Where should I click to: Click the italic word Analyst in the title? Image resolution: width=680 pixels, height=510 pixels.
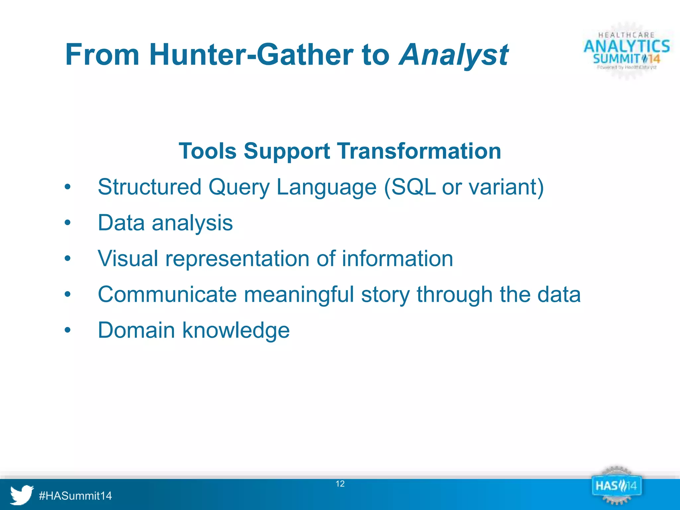point(454,55)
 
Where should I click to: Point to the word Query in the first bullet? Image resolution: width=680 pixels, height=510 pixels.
point(239,187)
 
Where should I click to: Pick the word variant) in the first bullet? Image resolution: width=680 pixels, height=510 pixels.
point(506,187)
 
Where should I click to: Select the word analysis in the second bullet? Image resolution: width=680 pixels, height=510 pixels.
point(192,223)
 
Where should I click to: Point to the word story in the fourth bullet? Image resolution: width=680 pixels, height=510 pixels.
point(385,295)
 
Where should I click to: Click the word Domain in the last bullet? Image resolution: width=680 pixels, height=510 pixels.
point(136,330)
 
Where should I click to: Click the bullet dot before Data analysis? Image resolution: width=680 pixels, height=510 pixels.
point(68,223)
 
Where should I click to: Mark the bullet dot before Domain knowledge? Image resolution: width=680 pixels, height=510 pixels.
point(68,330)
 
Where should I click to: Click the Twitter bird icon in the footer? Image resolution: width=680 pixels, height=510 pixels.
point(21,495)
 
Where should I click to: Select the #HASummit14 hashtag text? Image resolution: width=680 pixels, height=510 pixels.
point(75,496)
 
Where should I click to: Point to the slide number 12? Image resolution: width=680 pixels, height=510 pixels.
point(340,484)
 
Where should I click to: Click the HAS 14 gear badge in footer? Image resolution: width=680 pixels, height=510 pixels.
point(616,486)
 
